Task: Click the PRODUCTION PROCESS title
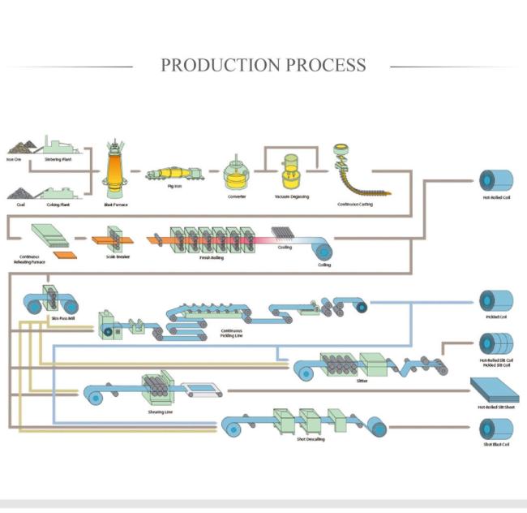pos(263,65)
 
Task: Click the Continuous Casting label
pos(355,205)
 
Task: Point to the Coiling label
pos(324,265)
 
